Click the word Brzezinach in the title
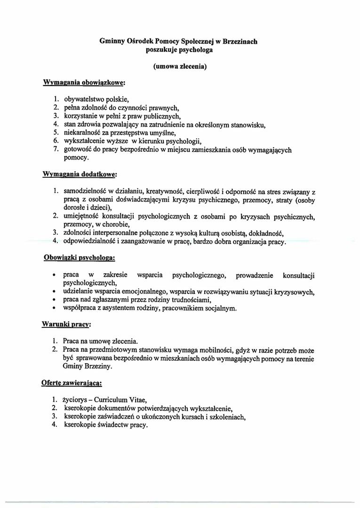click(239, 41)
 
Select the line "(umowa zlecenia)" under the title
click(180, 66)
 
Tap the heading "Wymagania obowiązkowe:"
click(84, 82)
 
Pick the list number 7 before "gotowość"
click(55, 150)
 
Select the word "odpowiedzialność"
click(88, 242)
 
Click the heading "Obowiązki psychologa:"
click(80, 258)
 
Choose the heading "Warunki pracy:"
click(66, 325)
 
